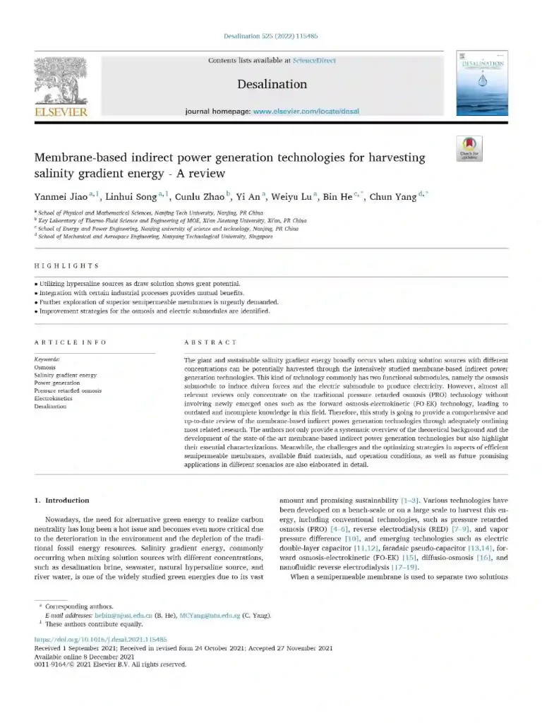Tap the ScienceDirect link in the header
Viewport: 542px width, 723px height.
click(x=315, y=61)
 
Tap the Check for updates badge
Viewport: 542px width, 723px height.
click(x=469, y=149)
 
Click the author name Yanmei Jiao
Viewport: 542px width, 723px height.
click(x=63, y=197)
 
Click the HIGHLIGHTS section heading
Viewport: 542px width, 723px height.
click(x=66, y=266)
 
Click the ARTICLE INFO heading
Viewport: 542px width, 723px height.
click(x=71, y=342)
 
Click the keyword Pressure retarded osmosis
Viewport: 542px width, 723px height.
click(x=68, y=391)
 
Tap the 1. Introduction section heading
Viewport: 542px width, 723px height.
click(x=63, y=501)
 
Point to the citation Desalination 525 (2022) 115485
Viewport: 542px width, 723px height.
click(x=270, y=36)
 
